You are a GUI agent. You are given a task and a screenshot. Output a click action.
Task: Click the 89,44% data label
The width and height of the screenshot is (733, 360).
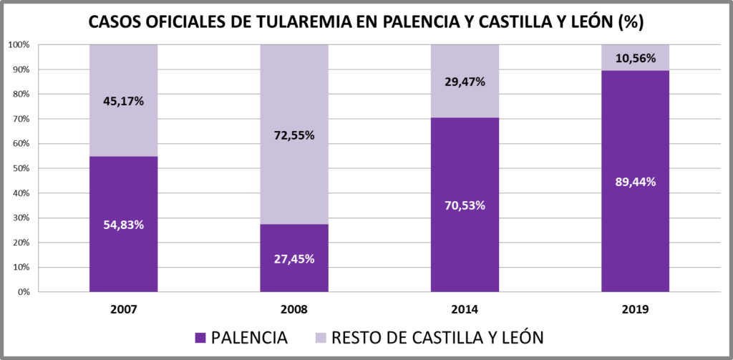[635, 182]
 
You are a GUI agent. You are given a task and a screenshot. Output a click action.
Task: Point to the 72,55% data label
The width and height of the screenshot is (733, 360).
[293, 135]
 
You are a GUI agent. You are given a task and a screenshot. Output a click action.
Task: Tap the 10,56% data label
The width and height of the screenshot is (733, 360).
[635, 59]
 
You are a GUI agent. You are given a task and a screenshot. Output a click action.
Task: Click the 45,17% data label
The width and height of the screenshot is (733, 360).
[123, 101]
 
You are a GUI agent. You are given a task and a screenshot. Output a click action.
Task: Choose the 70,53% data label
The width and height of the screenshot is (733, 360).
[465, 205]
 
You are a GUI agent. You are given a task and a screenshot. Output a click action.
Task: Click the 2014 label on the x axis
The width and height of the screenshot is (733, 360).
[465, 310]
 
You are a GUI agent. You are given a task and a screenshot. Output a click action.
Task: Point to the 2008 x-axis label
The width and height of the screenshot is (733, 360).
[293, 310]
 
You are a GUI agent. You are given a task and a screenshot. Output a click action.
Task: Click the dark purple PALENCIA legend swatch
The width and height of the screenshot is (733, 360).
[200, 337]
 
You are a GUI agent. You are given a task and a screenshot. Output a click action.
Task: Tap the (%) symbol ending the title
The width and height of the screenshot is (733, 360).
[630, 22]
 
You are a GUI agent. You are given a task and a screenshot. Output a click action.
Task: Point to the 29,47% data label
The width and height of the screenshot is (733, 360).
[465, 82]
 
